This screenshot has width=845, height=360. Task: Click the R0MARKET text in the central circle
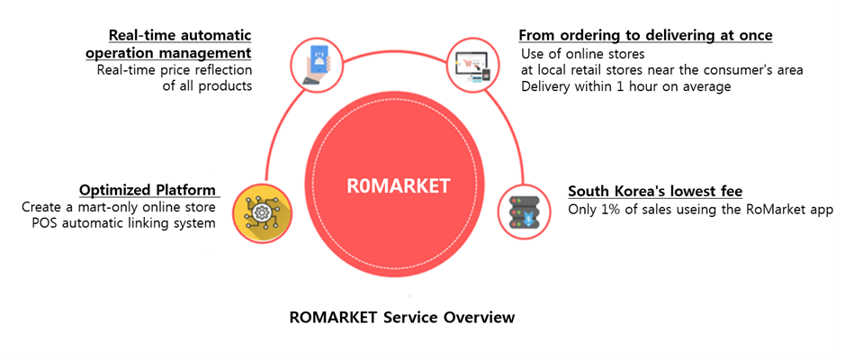pyautogui.click(x=399, y=186)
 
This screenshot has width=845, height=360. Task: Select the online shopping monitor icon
pyautogui.click(x=472, y=64)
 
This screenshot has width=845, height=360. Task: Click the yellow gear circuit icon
pyautogui.click(x=257, y=211)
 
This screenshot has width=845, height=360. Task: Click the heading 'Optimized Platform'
pyautogui.click(x=148, y=190)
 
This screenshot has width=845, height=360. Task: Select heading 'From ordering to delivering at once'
pyautogui.click(x=645, y=35)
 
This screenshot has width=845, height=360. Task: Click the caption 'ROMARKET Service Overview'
pyautogui.click(x=402, y=317)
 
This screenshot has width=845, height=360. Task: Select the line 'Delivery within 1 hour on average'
pyautogui.click(x=626, y=86)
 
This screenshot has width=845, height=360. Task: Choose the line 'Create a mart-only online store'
pyautogui.click(x=119, y=207)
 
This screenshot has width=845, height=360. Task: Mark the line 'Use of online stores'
pyautogui.click(x=582, y=53)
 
